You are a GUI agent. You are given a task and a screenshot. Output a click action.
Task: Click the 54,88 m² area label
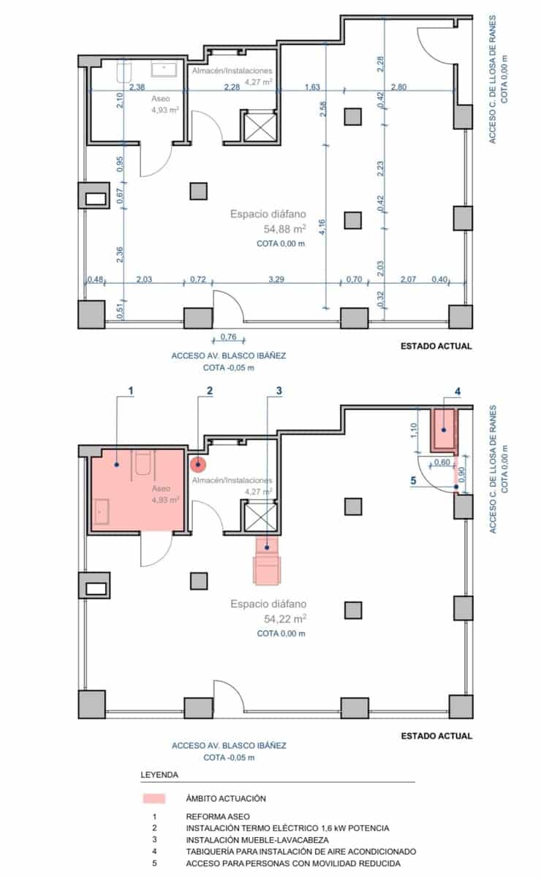pyautogui.click(x=268, y=228)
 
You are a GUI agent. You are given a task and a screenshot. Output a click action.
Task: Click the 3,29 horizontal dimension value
pyautogui.click(x=277, y=279)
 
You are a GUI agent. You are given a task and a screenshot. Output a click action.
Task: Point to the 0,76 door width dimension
pyautogui.click(x=228, y=337)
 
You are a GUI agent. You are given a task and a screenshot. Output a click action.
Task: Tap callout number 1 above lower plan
pyautogui.click(x=131, y=391)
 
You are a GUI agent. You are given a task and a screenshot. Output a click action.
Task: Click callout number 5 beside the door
pyautogui.click(x=413, y=481)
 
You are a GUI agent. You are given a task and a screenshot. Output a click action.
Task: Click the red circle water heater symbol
pyautogui.click(x=198, y=463)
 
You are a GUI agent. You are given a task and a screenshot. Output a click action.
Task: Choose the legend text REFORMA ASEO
pyautogui.click(x=218, y=816)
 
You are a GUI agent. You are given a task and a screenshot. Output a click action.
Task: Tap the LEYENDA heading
pyautogui.click(x=159, y=774)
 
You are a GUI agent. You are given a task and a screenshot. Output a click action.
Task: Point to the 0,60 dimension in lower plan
pyautogui.click(x=442, y=462)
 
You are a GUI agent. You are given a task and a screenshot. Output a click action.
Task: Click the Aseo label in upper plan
pyautogui.click(x=161, y=98)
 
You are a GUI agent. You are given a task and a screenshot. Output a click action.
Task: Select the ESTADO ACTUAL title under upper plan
pyautogui.click(x=436, y=346)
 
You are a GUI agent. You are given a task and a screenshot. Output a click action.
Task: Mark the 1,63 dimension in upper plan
pyautogui.click(x=312, y=88)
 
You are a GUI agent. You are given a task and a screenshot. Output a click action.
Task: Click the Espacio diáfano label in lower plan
pyautogui.click(x=268, y=604)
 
